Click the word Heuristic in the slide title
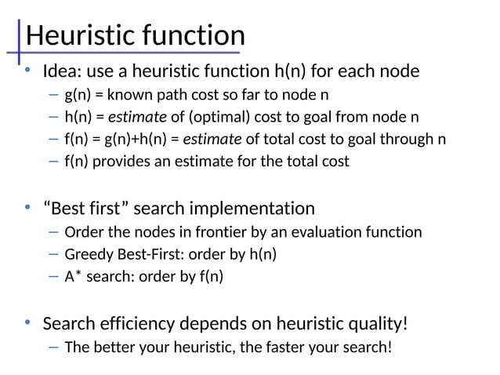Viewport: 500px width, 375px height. [x=77, y=35]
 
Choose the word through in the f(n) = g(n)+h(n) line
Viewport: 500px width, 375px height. [x=408, y=140]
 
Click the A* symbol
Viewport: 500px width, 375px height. [x=73, y=276]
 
